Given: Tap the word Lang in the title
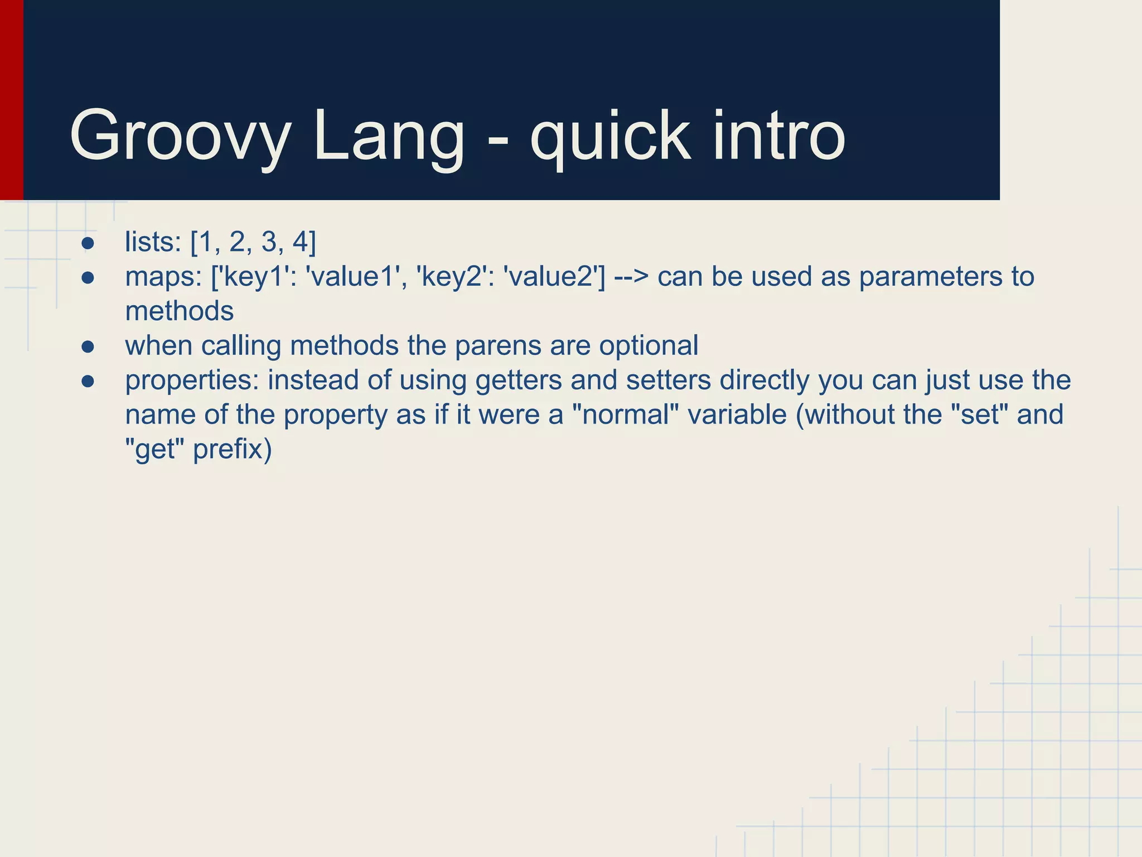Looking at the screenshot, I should coord(389,136).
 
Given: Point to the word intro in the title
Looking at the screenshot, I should coord(779,136).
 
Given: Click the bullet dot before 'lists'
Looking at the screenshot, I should coord(88,243).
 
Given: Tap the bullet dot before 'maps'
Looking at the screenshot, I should coord(88,278).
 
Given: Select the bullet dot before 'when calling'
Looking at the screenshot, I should coord(88,347).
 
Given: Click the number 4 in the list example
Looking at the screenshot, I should coord(301,242).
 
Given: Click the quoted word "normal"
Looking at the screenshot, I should coord(626,415).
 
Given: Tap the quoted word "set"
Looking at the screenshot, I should coord(976,415).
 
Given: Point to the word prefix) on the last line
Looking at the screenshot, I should coord(232,450).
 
